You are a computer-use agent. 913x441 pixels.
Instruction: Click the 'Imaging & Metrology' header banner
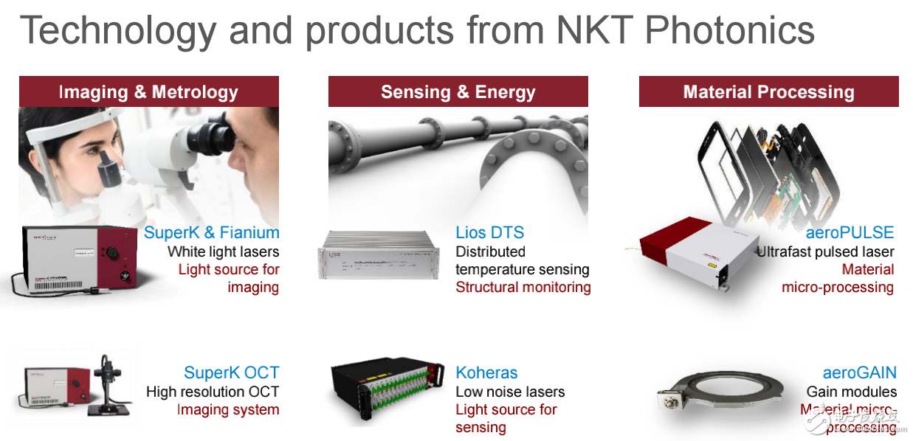(x=149, y=91)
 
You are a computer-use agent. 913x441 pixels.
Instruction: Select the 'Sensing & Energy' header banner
(x=458, y=91)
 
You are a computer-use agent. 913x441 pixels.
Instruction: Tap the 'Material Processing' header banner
(x=769, y=91)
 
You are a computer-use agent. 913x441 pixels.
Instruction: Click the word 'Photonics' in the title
(x=729, y=30)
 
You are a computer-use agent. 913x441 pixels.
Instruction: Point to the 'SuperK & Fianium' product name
(x=212, y=233)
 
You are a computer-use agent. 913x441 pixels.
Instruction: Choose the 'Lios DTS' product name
(x=489, y=233)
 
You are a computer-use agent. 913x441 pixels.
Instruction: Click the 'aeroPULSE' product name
(x=850, y=233)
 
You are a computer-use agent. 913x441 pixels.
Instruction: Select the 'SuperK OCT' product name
(x=232, y=372)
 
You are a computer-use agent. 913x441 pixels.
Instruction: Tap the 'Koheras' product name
(x=486, y=372)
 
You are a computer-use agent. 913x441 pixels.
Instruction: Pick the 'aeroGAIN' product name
(x=860, y=372)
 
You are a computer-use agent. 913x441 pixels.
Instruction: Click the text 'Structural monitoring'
(x=523, y=287)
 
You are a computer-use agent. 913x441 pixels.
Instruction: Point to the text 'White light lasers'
(x=224, y=251)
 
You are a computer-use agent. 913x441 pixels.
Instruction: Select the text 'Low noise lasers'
(x=510, y=392)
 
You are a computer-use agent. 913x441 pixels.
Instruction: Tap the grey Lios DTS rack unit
(x=379, y=255)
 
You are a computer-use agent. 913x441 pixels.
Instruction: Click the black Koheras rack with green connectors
(x=387, y=387)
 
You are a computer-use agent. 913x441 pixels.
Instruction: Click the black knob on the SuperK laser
(x=112, y=253)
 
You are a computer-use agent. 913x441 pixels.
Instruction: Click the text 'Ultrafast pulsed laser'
(x=825, y=251)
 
